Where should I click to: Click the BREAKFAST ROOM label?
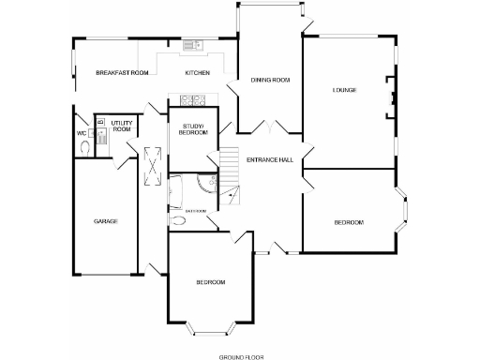tap(122, 72)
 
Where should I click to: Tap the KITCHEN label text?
tap(197, 72)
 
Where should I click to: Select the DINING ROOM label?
tap(269, 81)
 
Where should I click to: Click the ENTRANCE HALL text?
tap(270, 160)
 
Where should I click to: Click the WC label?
tap(82, 133)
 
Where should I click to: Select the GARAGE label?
tap(105, 221)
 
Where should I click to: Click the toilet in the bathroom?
tap(178, 223)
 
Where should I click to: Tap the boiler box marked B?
tap(100, 122)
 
